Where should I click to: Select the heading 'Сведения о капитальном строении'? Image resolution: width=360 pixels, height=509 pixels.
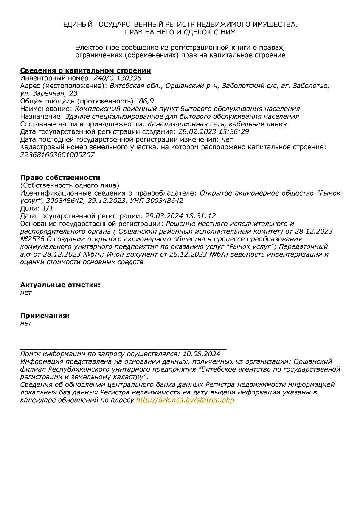(85, 70)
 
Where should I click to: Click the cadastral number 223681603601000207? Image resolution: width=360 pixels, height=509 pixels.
(57, 154)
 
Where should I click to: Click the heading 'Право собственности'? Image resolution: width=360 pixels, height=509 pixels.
(60, 178)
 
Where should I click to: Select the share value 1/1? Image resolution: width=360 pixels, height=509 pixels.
(48, 208)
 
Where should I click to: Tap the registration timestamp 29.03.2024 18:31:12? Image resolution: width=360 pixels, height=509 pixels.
(180, 216)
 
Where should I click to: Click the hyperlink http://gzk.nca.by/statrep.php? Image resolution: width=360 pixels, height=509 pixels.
(185, 400)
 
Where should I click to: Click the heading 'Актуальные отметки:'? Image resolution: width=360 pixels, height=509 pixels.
(60, 285)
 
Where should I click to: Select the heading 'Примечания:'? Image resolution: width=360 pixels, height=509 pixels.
(45, 316)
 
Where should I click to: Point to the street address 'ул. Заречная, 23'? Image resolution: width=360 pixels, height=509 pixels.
(49, 93)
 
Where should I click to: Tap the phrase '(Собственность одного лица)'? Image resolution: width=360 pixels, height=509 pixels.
(70, 185)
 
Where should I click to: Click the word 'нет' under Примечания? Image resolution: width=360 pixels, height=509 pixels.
(26, 323)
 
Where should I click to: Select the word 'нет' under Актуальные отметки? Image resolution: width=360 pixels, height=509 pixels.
(26, 293)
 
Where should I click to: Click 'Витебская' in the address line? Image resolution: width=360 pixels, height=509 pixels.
(126, 86)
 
